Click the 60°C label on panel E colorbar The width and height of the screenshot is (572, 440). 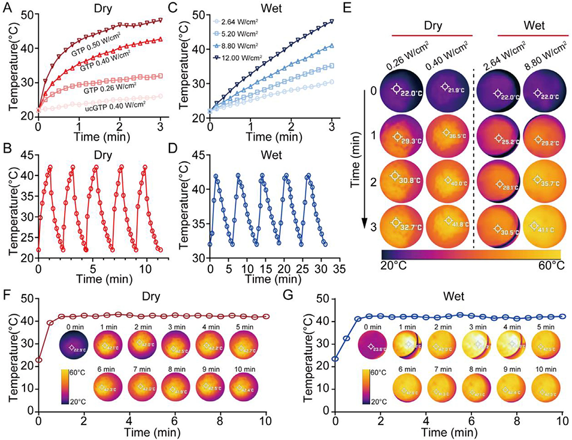point(546,265)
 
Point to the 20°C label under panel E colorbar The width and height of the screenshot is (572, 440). point(396,265)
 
